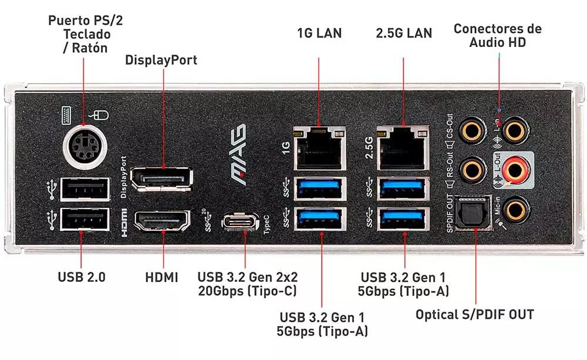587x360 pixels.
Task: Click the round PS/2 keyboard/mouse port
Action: pyautogui.click(x=83, y=144)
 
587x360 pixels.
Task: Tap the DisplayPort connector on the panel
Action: pyautogui.click(x=160, y=179)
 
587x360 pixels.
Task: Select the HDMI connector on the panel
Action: pyautogui.click(x=163, y=223)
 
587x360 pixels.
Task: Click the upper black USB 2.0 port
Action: pyautogui.click(x=84, y=189)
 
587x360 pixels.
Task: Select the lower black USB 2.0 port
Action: pyautogui.click(x=84, y=221)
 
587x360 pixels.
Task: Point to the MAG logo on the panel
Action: pyautogui.click(x=238, y=155)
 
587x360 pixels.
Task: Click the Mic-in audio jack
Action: pyautogui.click(x=515, y=208)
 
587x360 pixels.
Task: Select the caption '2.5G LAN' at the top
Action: pyautogui.click(x=403, y=33)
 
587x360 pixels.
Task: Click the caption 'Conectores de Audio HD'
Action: pyautogui.click(x=498, y=35)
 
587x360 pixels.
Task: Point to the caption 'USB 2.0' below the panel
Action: pyautogui.click(x=82, y=277)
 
